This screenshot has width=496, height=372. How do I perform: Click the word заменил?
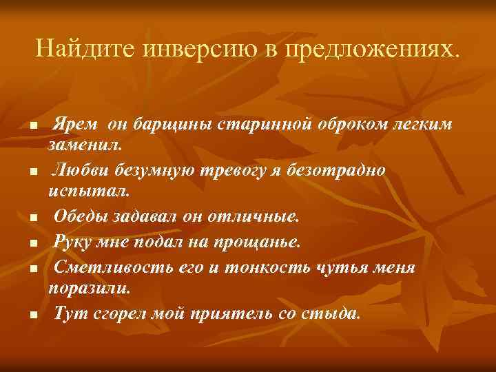(84, 145)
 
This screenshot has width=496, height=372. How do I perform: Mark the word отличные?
(257, 216)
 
